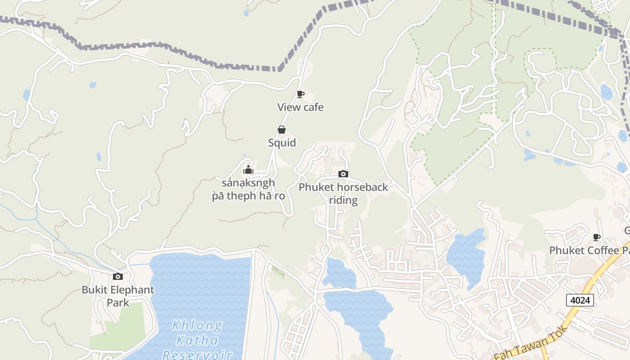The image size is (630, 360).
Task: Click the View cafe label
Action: (x=300, y=108)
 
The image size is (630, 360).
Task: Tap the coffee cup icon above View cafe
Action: (x=300, y=94)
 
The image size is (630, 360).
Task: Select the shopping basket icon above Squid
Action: (x=282, y=130)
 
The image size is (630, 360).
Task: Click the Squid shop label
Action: (x=282, y=143)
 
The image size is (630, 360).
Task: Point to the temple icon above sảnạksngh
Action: (x=248, y=170)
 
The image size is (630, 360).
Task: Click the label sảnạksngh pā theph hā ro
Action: (x=248, y=190)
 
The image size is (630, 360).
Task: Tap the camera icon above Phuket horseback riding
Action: (x=343, y=174)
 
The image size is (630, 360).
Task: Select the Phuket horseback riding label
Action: (x=343, y=193)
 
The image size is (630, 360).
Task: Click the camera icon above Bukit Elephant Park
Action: (x=118, y=276)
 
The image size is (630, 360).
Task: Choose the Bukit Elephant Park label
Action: (x=118, y=296)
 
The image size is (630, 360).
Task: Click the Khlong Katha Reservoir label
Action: (x=197, y=340)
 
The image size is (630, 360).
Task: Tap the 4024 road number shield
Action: (x=580, y=300)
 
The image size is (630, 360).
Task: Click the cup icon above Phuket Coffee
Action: (x=597, y=237)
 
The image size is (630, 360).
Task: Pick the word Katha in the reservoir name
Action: (x=197, y=340)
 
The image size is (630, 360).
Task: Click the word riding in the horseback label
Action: (x=343, y=200)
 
